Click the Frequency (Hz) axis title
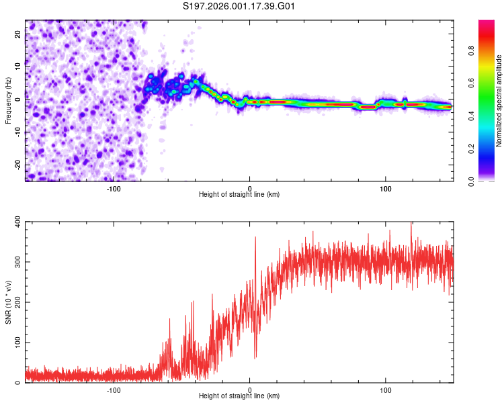point(8,101)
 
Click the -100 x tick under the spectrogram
point(114,188)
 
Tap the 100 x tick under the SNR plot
point(386,389)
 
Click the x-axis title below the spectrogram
point(239,195)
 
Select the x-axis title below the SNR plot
point(239,396)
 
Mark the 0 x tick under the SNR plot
point(250,389)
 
